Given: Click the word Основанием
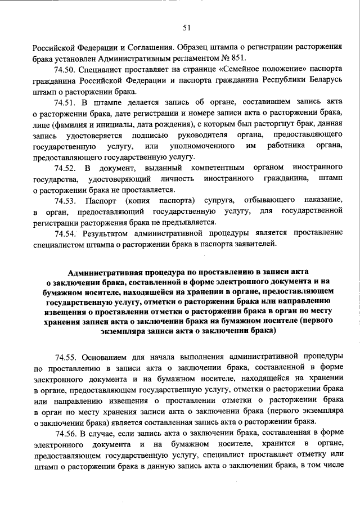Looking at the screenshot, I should tap(107, 357).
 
